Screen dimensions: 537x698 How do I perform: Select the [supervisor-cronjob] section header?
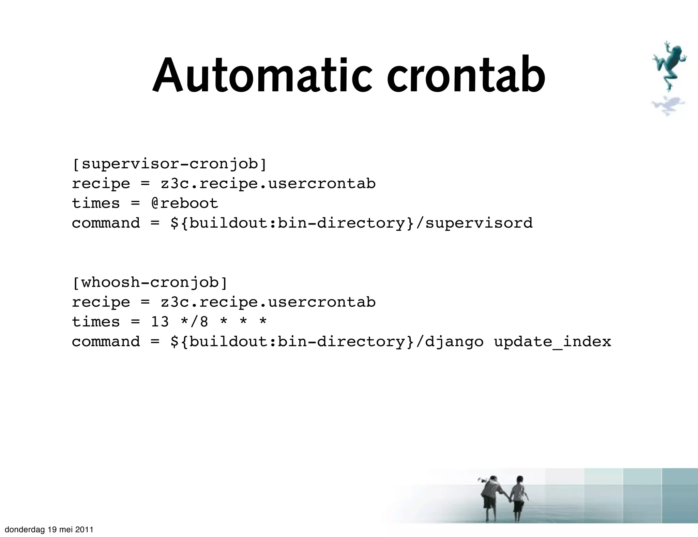tap(169, 164)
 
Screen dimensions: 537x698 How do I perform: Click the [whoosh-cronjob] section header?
tap(150, 282)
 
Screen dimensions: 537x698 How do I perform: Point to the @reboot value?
tap(184, 203)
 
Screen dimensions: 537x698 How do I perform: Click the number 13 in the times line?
tap(160, 322)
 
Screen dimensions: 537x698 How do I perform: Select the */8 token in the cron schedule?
tap(194, 322)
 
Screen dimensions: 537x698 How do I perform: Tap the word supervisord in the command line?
tap(479, 223)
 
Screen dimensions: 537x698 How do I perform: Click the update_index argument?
tap(552, 341)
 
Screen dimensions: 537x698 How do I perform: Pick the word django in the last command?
tap(454, 341)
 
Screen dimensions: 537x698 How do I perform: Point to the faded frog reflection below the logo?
tap(667, 106)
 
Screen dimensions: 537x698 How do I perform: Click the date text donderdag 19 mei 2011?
tap(49, 530)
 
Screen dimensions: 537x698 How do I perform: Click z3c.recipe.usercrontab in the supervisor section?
tap(268, 184)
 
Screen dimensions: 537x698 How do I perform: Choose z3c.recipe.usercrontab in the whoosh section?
tap(268, 302)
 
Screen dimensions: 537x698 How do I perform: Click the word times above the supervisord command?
tap(96, 203)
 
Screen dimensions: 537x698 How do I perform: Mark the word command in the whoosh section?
tap(106, 341)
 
